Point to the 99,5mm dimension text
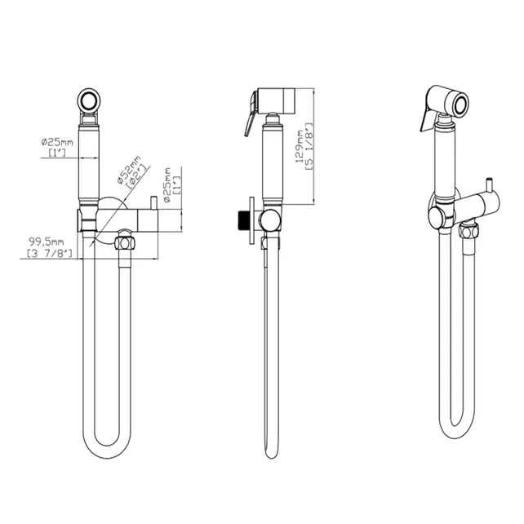click(x=45, y=242)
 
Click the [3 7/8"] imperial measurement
click(x=50, y=255)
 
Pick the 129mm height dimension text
click(x=300, y=144)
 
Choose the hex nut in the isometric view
click(x=468, y=232)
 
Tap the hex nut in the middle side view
click(x=271, y=242)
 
